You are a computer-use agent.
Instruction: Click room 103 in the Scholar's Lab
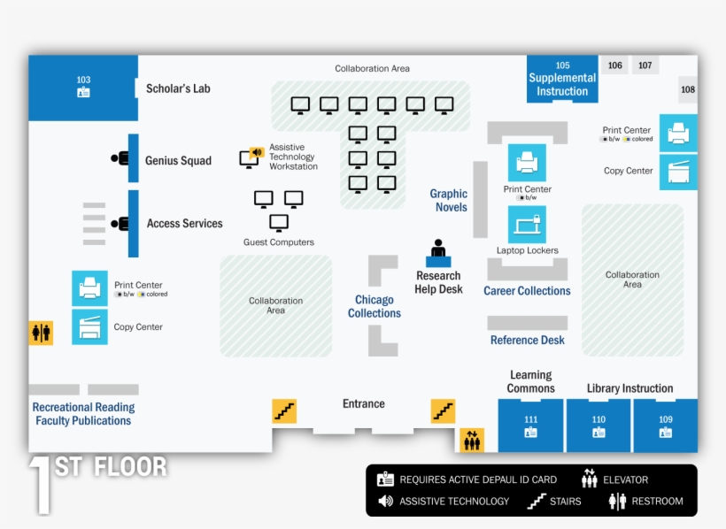pyautogui.click(x=83, y=87)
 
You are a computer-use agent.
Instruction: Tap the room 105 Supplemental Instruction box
pyautogui.click(x=562, y=79)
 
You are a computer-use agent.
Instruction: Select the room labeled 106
pyautogui.click(x=614, y=65)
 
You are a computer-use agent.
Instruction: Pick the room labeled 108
pyautogui.click(x=688, y=89)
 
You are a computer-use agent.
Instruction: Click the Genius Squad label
pyautogui.click(x=178, y=161)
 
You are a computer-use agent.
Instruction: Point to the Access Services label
pyautogui.click(x=184, y=224)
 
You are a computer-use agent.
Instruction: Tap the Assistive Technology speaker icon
pyautogui.click(x=257, y=152)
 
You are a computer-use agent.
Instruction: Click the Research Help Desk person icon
pyautogui.click(x=438, y=252)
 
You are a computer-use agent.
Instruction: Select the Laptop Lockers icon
pyautogui.click(x=527, y=225)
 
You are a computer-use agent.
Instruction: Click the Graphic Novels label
pyautogui.click(x=449, y=201)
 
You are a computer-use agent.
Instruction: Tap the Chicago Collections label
pyautogui.click(x=375, y=307)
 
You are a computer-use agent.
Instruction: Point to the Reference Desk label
pyautogui.click(x=528, y=341)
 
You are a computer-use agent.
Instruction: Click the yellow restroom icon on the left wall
pyautogui.click(x=42, y=332)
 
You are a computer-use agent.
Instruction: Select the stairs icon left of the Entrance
pyautogui.click(x=284, y=411)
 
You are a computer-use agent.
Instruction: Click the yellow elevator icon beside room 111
pyautogui.click(x=472, y=439)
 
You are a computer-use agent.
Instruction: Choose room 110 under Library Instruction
pyautogui.click(x=599, y=425)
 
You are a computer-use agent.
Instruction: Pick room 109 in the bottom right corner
pyautogui.click(x=665, y=425)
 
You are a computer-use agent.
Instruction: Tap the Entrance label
pyautogui.click(x=364, y=404)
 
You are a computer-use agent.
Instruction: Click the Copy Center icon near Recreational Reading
pyautogui.click(x=89, y=327)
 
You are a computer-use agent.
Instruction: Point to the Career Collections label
pyautogui.click(x=527, y=291)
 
